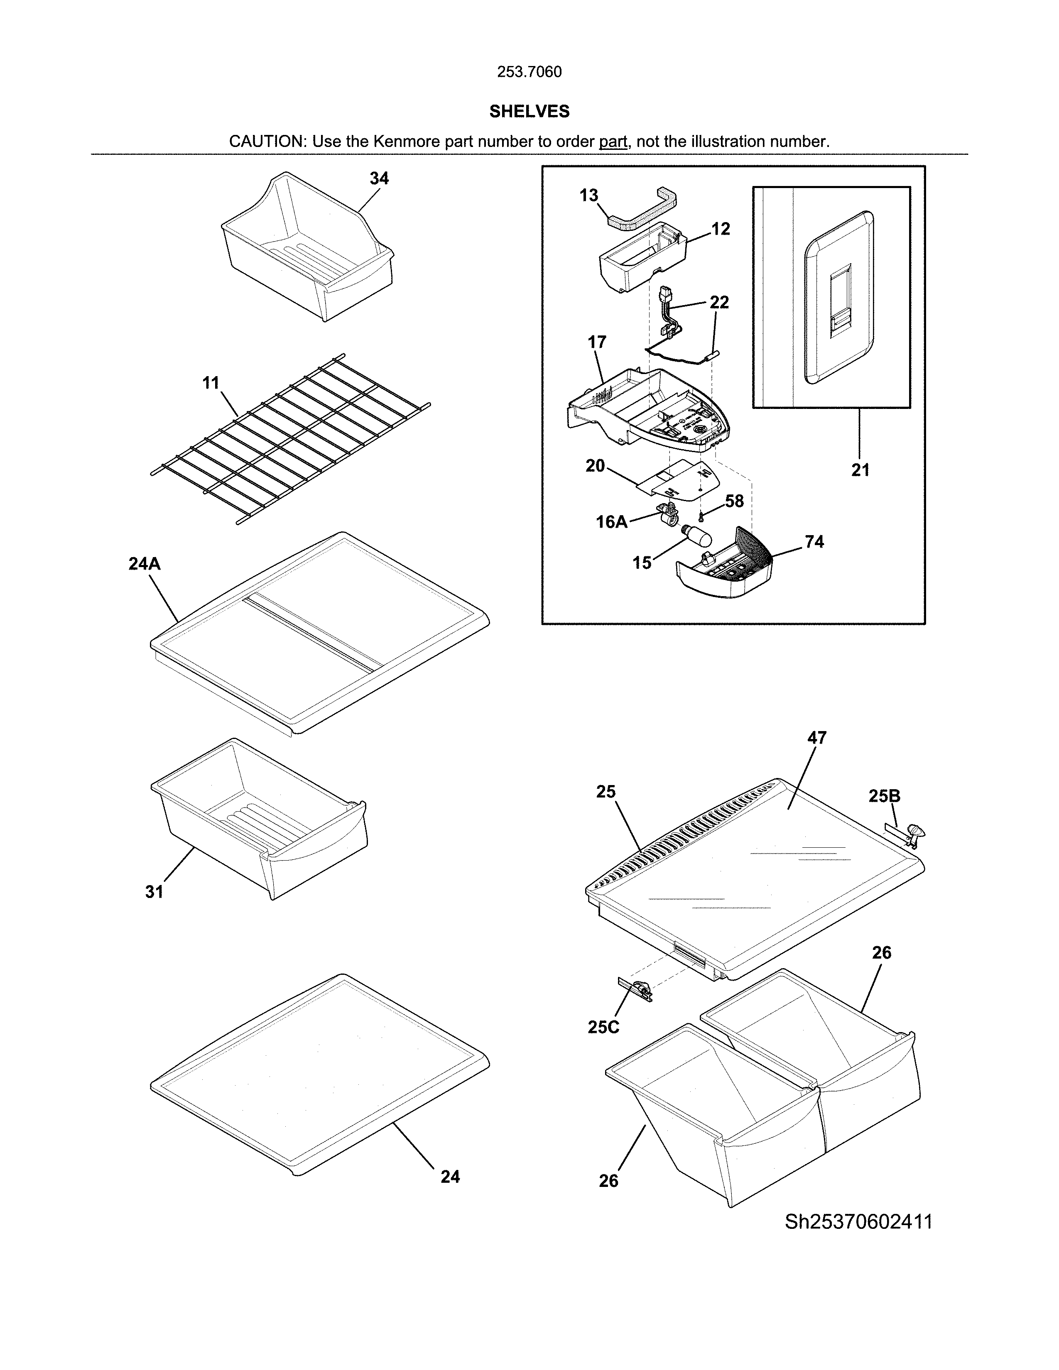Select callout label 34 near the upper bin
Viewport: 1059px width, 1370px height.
tap(379, 179)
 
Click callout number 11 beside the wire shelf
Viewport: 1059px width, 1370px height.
tap(211, 383)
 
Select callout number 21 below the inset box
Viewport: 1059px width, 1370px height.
tap(860, 470)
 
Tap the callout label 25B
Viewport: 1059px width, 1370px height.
tap(884, 796)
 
